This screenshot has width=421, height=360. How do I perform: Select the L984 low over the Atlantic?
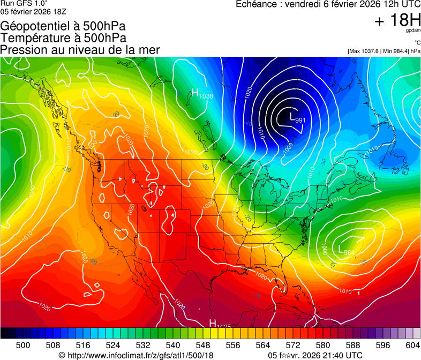347,250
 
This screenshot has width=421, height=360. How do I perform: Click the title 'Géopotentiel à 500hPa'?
63,26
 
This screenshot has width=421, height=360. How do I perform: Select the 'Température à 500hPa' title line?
63,37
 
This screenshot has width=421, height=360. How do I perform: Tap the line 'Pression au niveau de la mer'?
80,50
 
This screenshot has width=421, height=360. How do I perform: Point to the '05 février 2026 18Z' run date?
33,11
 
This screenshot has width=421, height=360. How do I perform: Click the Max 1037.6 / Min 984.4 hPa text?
384,51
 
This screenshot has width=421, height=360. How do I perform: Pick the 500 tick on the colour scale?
23,344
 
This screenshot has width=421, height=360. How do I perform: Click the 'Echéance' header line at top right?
328,4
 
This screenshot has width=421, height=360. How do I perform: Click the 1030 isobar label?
190,152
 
